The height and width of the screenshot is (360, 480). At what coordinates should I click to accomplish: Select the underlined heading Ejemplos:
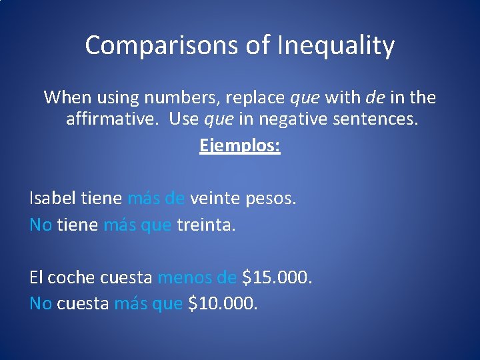coord(240,145)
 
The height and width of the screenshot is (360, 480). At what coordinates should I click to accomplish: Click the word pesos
coord(269,198)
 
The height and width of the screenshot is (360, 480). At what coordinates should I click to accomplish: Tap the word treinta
coord(206,225)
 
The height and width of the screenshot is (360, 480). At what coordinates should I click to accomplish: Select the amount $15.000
coord(277,277)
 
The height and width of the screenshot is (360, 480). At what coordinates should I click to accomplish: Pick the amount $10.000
coord(223,304)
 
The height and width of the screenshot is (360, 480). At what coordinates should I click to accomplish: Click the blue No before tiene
coord(41,225)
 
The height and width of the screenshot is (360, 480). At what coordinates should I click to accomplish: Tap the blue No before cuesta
coord(41,304)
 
